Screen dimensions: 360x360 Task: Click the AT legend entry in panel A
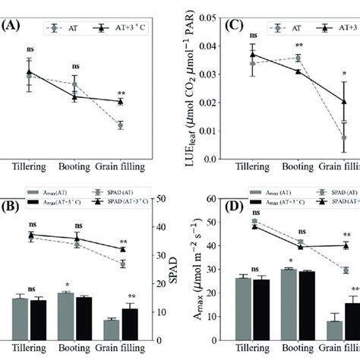click(x=73, y=26)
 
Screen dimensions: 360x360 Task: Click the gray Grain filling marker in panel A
click(x=121, y=125)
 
